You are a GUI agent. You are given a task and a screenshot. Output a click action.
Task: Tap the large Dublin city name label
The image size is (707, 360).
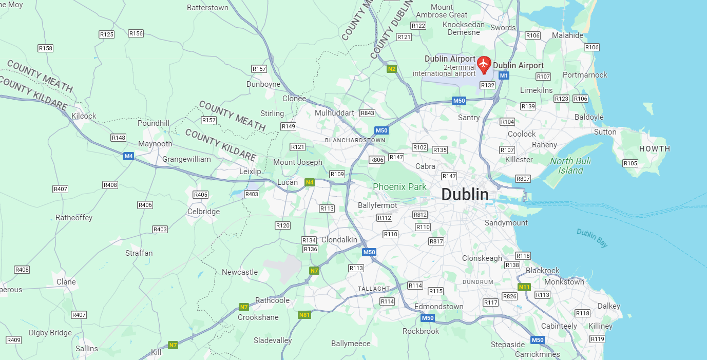click(x=465, y=195)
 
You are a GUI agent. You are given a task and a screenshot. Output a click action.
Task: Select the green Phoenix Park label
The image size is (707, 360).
click(x=399, y=187)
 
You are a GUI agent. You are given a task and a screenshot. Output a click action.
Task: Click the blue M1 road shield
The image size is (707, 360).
click(x=504, y=76)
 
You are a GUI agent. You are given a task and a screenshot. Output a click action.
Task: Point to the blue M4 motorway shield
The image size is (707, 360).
click(x=128, y=156)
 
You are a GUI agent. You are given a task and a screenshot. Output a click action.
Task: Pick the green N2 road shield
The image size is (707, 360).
click(x=392, y=68)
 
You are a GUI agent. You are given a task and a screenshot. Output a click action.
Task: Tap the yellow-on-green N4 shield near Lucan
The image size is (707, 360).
click(x=309, y=182)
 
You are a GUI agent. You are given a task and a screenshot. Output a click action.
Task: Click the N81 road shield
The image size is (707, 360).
click(x=304, y=315)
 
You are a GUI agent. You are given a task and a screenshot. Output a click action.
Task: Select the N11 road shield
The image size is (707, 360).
click(x=524, y=287)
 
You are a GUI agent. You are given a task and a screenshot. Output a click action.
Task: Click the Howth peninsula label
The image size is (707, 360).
click(x=654, y=149)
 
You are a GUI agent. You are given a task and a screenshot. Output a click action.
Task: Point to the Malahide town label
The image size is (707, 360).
click(x=567, y=35)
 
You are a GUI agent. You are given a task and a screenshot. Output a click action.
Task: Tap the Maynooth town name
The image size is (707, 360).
click(x=155, y=144)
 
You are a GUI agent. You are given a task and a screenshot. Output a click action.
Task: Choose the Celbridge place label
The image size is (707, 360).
click(x=203, y=212)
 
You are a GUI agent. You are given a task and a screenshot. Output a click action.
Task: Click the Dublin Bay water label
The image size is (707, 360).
click(x=592, y=238)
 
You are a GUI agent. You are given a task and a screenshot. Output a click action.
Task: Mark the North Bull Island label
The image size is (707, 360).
click(x=570, y=166)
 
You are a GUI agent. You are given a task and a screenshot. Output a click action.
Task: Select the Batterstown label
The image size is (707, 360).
click(x=207, y=8)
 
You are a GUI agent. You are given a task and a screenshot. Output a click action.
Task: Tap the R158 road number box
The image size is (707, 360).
click(x=46, y=48)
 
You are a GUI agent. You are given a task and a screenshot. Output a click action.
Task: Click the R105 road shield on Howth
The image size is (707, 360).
click(x=630, y=163)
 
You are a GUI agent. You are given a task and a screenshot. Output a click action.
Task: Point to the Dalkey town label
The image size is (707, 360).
click(x=609, y=306)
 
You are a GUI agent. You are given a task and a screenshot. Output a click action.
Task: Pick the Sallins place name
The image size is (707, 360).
click(x=86, y=349)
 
